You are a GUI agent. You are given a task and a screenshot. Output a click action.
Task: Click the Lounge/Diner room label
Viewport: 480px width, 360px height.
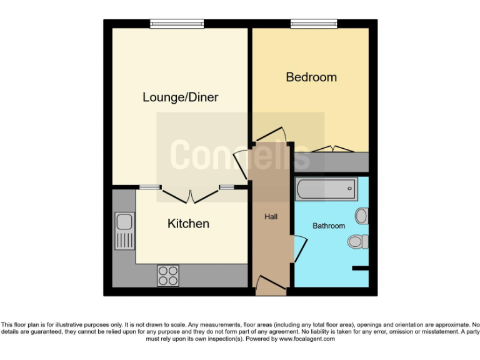coord(180,97)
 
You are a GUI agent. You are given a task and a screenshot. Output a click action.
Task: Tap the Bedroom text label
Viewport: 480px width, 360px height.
coord(311,77)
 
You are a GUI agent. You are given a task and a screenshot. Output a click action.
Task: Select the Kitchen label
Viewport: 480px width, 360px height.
coord(188,224)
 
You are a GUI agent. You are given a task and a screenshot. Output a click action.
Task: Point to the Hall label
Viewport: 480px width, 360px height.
coord(271,217)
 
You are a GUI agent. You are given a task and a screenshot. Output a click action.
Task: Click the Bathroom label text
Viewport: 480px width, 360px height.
coord(329,226)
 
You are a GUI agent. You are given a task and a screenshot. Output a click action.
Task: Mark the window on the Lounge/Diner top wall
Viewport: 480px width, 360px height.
coord(177,24)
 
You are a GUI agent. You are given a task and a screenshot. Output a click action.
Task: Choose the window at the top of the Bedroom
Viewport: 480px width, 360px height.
coord(314,24)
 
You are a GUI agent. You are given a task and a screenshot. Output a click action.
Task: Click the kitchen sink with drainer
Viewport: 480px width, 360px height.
coord(124,231)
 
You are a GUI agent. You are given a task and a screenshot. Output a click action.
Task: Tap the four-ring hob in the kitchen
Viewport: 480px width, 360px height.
coord(168,276)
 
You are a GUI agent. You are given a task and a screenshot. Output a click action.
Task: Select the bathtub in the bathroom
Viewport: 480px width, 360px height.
coord(326,189)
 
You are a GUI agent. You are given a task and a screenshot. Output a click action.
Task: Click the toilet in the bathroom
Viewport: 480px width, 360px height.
coord(358,241)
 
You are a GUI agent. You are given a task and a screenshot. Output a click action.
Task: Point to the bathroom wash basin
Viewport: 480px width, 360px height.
coord(361,216)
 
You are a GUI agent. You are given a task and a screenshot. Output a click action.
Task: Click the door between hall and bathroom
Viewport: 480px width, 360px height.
coord(299,249)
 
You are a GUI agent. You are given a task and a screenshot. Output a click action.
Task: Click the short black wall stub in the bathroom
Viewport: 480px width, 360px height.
coord(360,269)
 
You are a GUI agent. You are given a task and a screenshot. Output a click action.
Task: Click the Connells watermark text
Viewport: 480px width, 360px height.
coord(240,154)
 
